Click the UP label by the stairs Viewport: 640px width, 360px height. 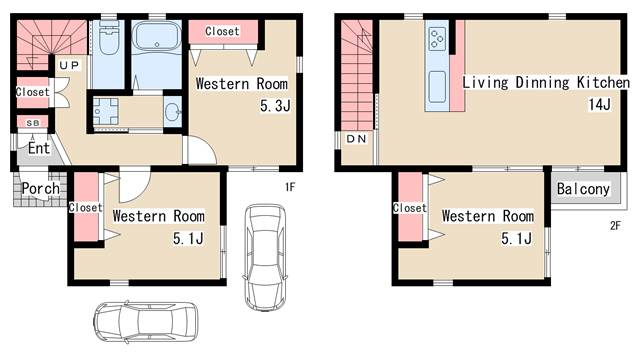coord(69,65)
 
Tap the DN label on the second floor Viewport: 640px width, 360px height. coord(356,139)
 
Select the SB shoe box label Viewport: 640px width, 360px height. coord(33,123)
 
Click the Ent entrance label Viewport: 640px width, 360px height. coord(39,148)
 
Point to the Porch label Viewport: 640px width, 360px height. coord(41,189)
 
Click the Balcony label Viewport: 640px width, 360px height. coord(583,189)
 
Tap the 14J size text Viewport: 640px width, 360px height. coord(600,104)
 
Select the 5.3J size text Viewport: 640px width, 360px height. coord(275,106)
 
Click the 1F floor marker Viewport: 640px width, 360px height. coord(290,187)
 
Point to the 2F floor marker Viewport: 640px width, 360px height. coord(615,225)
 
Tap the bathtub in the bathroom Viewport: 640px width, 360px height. coord(157,36)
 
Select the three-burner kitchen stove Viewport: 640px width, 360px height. coord(437,39)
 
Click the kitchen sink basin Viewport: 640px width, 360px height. coord(437,87)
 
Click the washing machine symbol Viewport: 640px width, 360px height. coord(105,111)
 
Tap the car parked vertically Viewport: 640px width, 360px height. coord(265,258)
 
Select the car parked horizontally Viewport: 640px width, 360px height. coord(146,322)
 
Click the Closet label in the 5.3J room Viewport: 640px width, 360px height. coord(222,31)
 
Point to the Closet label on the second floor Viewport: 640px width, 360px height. coord(409,208)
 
